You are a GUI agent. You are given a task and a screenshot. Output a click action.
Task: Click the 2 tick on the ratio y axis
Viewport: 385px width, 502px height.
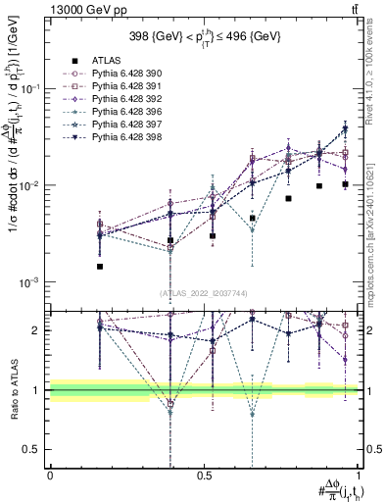[36, 330]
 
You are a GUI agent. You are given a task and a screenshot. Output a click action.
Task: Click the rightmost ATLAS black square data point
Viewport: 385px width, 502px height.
[345, 184]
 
